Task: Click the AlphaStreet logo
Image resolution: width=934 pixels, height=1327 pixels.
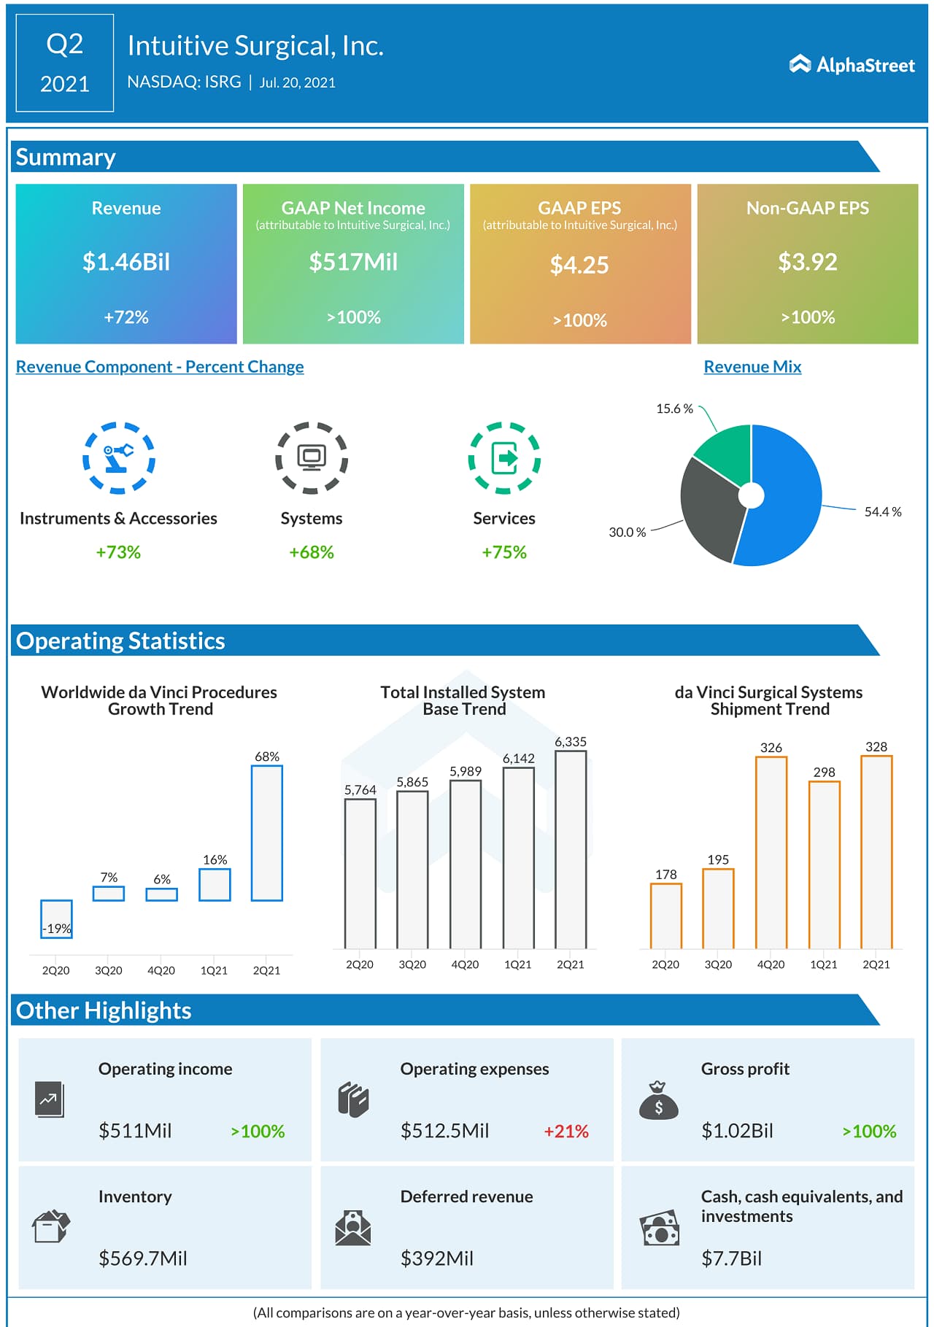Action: (x=852, y=65)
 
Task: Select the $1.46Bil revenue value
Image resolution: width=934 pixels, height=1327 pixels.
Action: (x=126, y=262)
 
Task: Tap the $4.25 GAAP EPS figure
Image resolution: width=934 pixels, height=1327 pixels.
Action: (x=579, y=265)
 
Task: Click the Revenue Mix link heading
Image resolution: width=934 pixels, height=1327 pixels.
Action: (x=752, y=367)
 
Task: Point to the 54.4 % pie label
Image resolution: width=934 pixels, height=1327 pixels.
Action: (x=882, y=512)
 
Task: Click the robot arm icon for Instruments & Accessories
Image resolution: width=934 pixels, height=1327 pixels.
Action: (x=118, y=457)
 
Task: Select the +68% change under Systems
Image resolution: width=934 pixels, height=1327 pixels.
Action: (x=311, y=552)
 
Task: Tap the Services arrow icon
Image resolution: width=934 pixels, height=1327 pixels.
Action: (x=504, y=458)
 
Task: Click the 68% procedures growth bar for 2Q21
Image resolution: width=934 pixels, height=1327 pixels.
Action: (x=267, y=832)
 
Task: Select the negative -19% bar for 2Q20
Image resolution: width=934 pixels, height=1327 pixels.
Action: (x=56, y=918)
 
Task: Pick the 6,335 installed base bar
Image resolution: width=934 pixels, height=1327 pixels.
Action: (x=571, y=849)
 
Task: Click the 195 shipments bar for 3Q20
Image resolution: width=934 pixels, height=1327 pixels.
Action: (x=718, y=908)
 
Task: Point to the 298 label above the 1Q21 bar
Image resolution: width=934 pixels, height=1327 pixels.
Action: (x=824, y=772)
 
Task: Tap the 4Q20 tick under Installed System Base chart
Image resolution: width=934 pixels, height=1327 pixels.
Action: (x=465, y=964)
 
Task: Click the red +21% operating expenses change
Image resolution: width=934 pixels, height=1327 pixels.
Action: (x=566, y=1131)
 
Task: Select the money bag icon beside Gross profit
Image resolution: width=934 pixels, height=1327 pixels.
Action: (x=658, y=1101)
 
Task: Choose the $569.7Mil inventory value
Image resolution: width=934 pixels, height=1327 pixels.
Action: (x=143, y=1258)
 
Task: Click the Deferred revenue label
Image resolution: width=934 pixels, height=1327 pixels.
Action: (x=466, y=1196)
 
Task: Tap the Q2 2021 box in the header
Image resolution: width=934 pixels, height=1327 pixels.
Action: (x=65, y=63)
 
